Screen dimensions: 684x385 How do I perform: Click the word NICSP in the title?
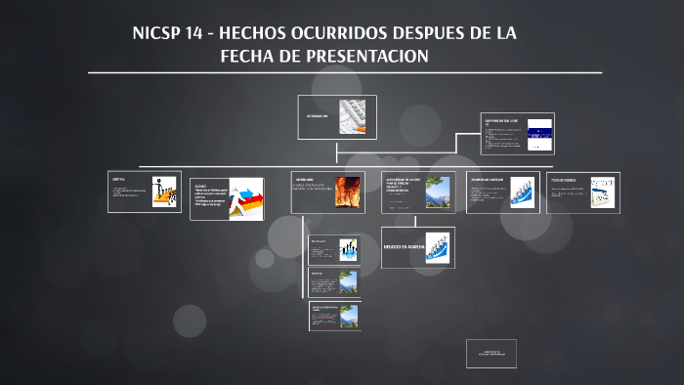(x=157, y=33)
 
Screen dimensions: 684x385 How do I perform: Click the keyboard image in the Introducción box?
(x=352, y=116)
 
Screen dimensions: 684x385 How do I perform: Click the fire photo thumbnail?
(x=347, y=192)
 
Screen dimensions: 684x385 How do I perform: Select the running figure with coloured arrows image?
(x=246, y=198)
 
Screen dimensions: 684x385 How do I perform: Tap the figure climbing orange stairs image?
(x=164, y=192)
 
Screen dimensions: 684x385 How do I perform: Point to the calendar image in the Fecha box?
(x=603, y=192)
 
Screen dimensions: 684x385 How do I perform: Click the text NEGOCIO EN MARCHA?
(x=401, y=246)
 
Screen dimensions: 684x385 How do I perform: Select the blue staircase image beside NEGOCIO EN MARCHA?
(x=437, y=246)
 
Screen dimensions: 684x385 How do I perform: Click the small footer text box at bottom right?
(x=491, y=353)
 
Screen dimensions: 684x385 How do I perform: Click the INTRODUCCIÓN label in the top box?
(x=316, y=114)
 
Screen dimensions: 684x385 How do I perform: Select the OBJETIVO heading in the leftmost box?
(x=119, y=180)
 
